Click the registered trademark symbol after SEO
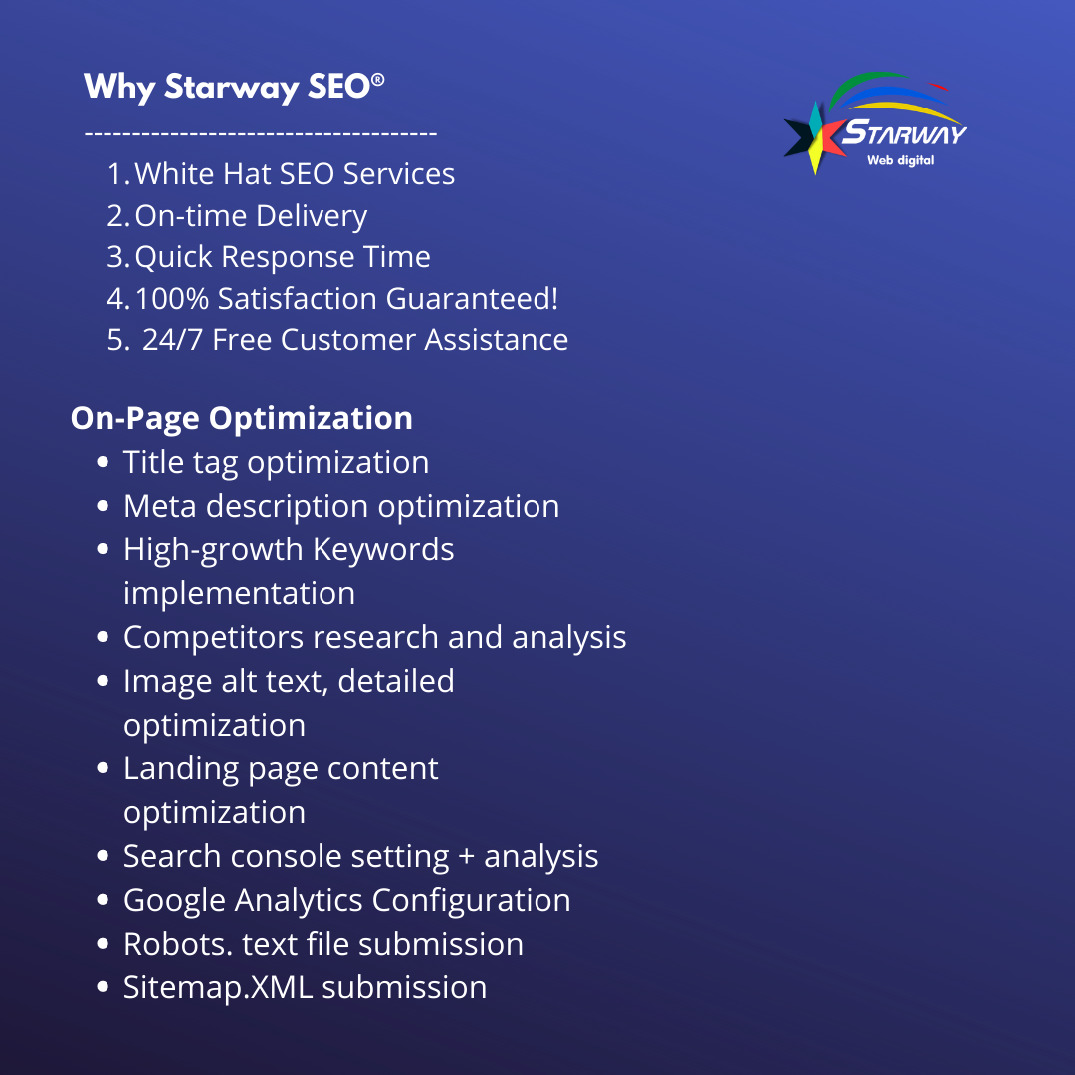(x=378, y=80)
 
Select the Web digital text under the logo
(x=900, y=160)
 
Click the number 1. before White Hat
(x=118, y=174)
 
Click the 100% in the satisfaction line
(x=172, y=299)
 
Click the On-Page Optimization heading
(x=241, y=419)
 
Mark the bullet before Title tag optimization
(x=103, y=462)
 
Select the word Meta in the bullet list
(x=159, y=506)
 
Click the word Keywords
(x=383, y=550)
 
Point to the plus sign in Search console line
(x=466, y=857)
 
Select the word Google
(x=174, y=901)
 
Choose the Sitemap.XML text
(x=218, y=988)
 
